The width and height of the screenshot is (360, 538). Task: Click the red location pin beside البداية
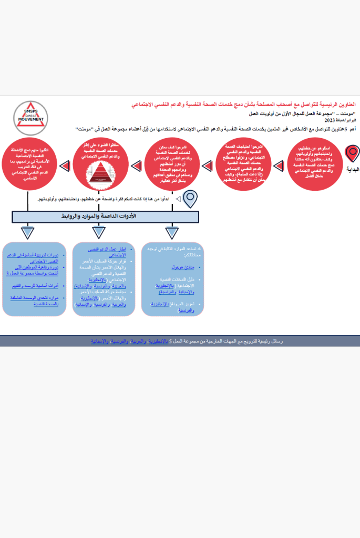[x=352, y=154]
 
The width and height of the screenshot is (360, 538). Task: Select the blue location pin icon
[x=189, y=199]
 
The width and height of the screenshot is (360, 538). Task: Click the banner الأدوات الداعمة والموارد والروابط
[x=106, y=216]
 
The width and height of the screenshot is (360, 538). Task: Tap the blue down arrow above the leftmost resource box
[x=28, y=232]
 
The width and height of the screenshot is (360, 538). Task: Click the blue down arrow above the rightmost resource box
[x=172, y=232]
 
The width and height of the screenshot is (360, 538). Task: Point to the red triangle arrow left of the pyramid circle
[x=65, y=167]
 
